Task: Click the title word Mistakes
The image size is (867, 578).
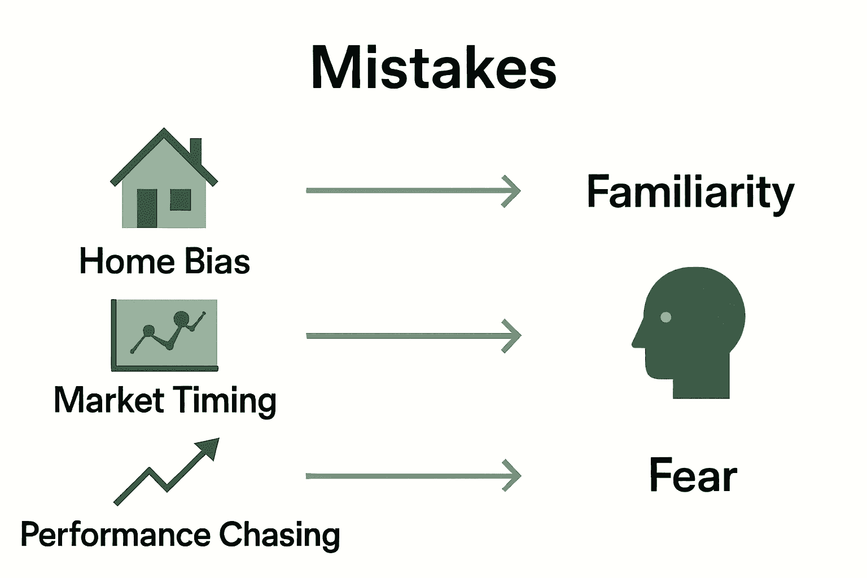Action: coord(433,68)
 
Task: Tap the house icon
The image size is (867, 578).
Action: coord(164,181)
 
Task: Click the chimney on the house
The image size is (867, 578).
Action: coord(195,149)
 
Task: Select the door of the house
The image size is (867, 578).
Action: coord(147,208)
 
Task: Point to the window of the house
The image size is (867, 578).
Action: coord(181,199)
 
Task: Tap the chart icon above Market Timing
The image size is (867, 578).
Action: coord(164,335)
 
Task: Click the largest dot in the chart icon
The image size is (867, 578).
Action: coord(181,319)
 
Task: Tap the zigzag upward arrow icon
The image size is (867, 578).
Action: coord(167,471)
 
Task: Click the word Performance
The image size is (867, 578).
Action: coord(115,535)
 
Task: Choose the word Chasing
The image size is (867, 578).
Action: coord(279,535)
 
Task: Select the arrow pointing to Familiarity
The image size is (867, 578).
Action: coord(413,191)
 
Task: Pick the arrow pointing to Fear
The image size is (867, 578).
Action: coord(413,476)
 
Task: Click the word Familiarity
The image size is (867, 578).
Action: coord(690,192)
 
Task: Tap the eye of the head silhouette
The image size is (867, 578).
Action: coord(665,317)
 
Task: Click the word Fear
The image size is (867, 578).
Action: coord(693,475)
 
